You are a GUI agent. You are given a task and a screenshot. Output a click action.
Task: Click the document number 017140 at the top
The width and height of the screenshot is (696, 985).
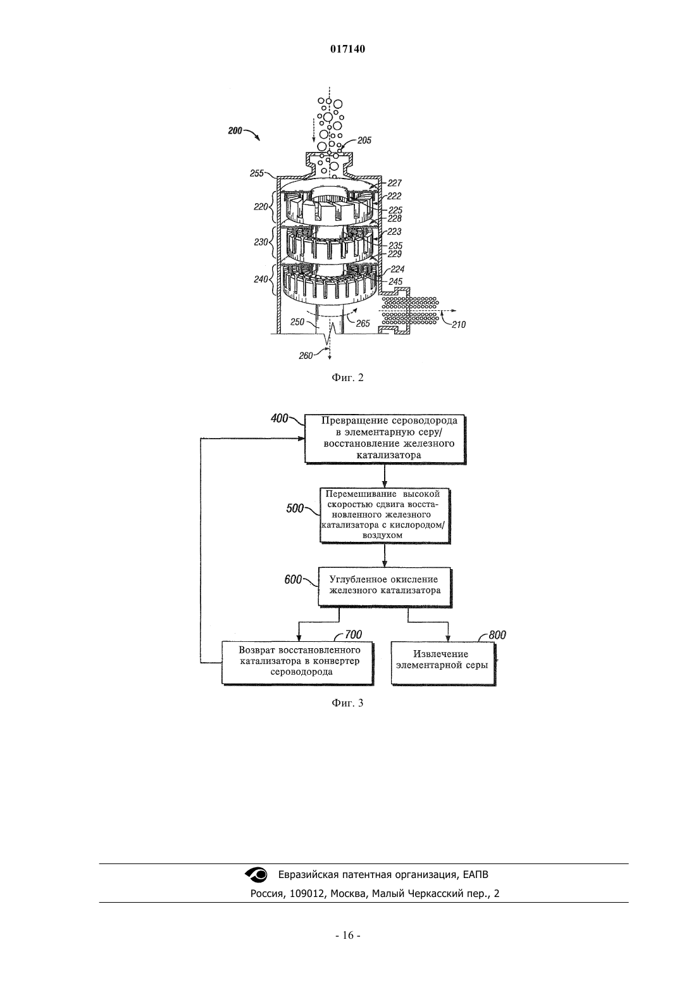347,49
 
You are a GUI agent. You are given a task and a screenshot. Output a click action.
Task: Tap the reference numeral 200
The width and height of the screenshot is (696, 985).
235,130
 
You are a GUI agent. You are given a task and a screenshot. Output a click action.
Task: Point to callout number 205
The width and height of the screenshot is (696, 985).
364,141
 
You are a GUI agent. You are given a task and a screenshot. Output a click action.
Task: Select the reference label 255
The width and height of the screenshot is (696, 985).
257,173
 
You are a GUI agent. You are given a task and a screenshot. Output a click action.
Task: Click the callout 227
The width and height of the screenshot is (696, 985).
395,183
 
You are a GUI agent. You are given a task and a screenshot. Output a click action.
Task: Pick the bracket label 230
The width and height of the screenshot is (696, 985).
261,242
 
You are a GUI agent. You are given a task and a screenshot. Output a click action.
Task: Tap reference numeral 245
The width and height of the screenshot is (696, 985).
396,280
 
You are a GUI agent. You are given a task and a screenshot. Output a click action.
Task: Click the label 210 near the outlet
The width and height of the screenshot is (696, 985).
458,325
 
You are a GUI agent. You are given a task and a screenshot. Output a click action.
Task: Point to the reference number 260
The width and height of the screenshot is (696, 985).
306,356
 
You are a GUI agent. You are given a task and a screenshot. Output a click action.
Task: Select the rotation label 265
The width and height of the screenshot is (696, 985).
363,323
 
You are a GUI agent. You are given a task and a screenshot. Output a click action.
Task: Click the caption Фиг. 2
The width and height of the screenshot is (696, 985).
347,378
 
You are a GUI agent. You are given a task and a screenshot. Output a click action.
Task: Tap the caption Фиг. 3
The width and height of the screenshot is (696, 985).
347,703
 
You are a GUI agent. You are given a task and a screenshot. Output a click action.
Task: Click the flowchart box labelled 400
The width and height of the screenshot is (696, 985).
385,439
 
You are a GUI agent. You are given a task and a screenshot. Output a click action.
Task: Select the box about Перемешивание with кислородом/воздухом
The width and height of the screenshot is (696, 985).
385,515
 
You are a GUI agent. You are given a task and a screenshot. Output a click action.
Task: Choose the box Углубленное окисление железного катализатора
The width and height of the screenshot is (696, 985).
385,587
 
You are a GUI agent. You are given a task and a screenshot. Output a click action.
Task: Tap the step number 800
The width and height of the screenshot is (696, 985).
497,635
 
